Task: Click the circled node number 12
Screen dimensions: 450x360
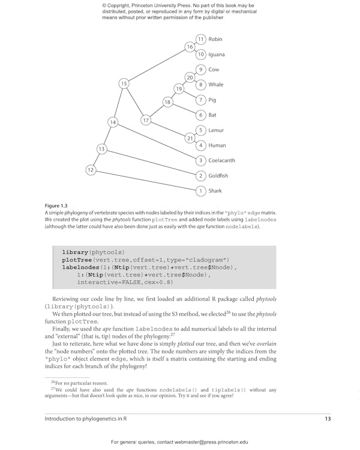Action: (x=91, y=170)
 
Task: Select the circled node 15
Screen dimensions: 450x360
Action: (x=124, y=83)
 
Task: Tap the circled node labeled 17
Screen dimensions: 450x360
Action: (x=146, y=121)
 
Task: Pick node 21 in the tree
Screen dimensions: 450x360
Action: (x=190, y=138)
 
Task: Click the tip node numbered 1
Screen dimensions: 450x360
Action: (x=201, y=191)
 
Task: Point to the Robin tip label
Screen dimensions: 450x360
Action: (x=215, y=39)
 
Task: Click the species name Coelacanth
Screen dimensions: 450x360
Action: (x=221, y=160)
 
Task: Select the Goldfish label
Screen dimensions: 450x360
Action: (x=218, y=176)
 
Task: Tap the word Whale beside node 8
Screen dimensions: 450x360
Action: (x=215, y=85)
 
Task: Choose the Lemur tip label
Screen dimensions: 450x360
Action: (x=215, y=130)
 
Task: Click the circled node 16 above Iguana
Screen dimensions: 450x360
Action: (x=190, y=47)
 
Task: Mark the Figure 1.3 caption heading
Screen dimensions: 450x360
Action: (x=56, y=205)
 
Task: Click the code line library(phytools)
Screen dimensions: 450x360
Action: (x=93, y=252)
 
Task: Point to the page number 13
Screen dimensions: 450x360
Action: (x=328, y=419)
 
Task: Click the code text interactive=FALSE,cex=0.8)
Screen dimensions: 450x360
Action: (x=125, y=281)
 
